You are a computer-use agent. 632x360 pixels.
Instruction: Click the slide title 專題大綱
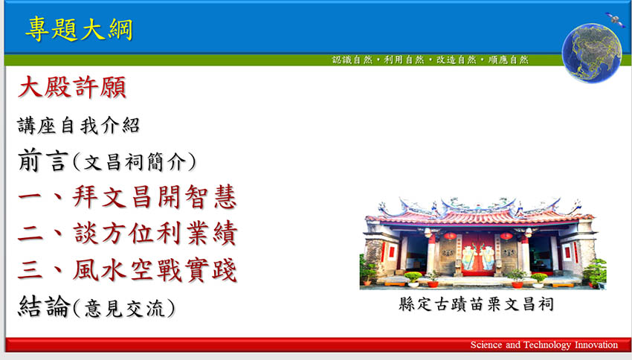click(79, 29)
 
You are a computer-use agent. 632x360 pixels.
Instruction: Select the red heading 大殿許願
click(72, 87)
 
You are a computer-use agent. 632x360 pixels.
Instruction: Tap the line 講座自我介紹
click(79, 126)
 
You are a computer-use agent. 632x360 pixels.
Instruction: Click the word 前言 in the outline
click(42, 160)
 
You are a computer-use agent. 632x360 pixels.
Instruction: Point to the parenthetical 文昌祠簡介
click(135, 162)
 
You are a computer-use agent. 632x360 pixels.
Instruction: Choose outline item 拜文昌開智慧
click(155, 196)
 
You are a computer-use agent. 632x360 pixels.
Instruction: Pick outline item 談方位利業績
click(155, 233)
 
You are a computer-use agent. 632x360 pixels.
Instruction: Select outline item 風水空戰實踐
click(155, 270)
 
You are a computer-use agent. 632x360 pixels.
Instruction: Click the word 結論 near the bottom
click(45, 306)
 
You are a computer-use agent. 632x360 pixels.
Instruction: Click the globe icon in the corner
click(592, 54)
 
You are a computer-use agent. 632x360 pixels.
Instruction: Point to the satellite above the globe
click(615, 19)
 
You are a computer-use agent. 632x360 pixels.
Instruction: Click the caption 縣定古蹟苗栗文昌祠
click(476, 304)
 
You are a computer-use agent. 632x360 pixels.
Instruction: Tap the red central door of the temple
click(478, 254)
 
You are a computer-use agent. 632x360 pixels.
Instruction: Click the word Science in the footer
click(486, 344)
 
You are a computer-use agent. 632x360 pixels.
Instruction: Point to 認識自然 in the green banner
click(352, 60)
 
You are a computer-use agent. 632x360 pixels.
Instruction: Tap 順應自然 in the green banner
click(509, 60)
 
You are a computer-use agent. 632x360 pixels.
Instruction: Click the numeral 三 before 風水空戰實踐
click(30, 270)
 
